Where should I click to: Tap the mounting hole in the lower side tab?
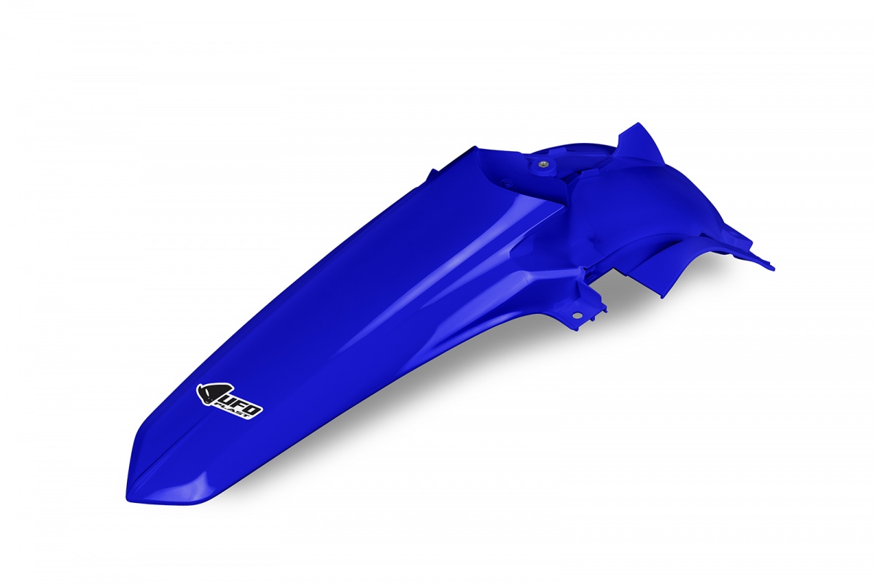click(576, 315)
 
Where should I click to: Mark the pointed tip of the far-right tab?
click(772, 266)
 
